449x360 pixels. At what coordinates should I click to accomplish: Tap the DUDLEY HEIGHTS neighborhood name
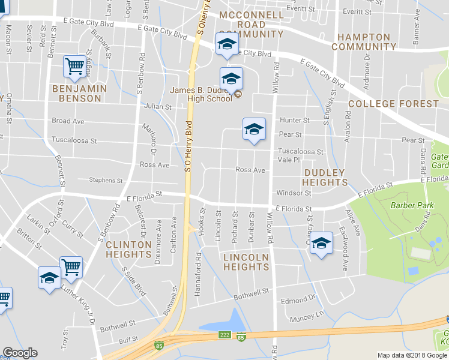(324, 177)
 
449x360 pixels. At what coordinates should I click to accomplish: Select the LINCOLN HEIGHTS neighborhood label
(246, 262)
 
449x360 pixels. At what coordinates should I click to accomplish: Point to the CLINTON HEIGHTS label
(128, 249)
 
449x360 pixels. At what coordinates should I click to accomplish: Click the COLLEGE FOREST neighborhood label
(393, 104)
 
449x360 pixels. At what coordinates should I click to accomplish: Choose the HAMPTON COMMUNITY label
(364, 41)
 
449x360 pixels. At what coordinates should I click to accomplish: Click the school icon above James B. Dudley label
(231, 78)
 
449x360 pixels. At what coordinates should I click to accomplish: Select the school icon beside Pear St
(254, 128)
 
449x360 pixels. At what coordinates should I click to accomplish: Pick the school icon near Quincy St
(321, 243)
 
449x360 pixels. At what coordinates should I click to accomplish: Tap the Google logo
(20, 353)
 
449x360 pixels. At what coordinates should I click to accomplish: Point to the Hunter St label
(294, 120)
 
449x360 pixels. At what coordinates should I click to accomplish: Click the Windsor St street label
(294, 193)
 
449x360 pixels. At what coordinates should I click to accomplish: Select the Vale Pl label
(289, 160)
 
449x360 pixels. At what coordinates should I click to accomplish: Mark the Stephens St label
(105, 180)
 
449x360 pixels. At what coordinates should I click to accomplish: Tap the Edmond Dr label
(298, 298)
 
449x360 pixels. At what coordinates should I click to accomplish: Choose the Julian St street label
(158, 107)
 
